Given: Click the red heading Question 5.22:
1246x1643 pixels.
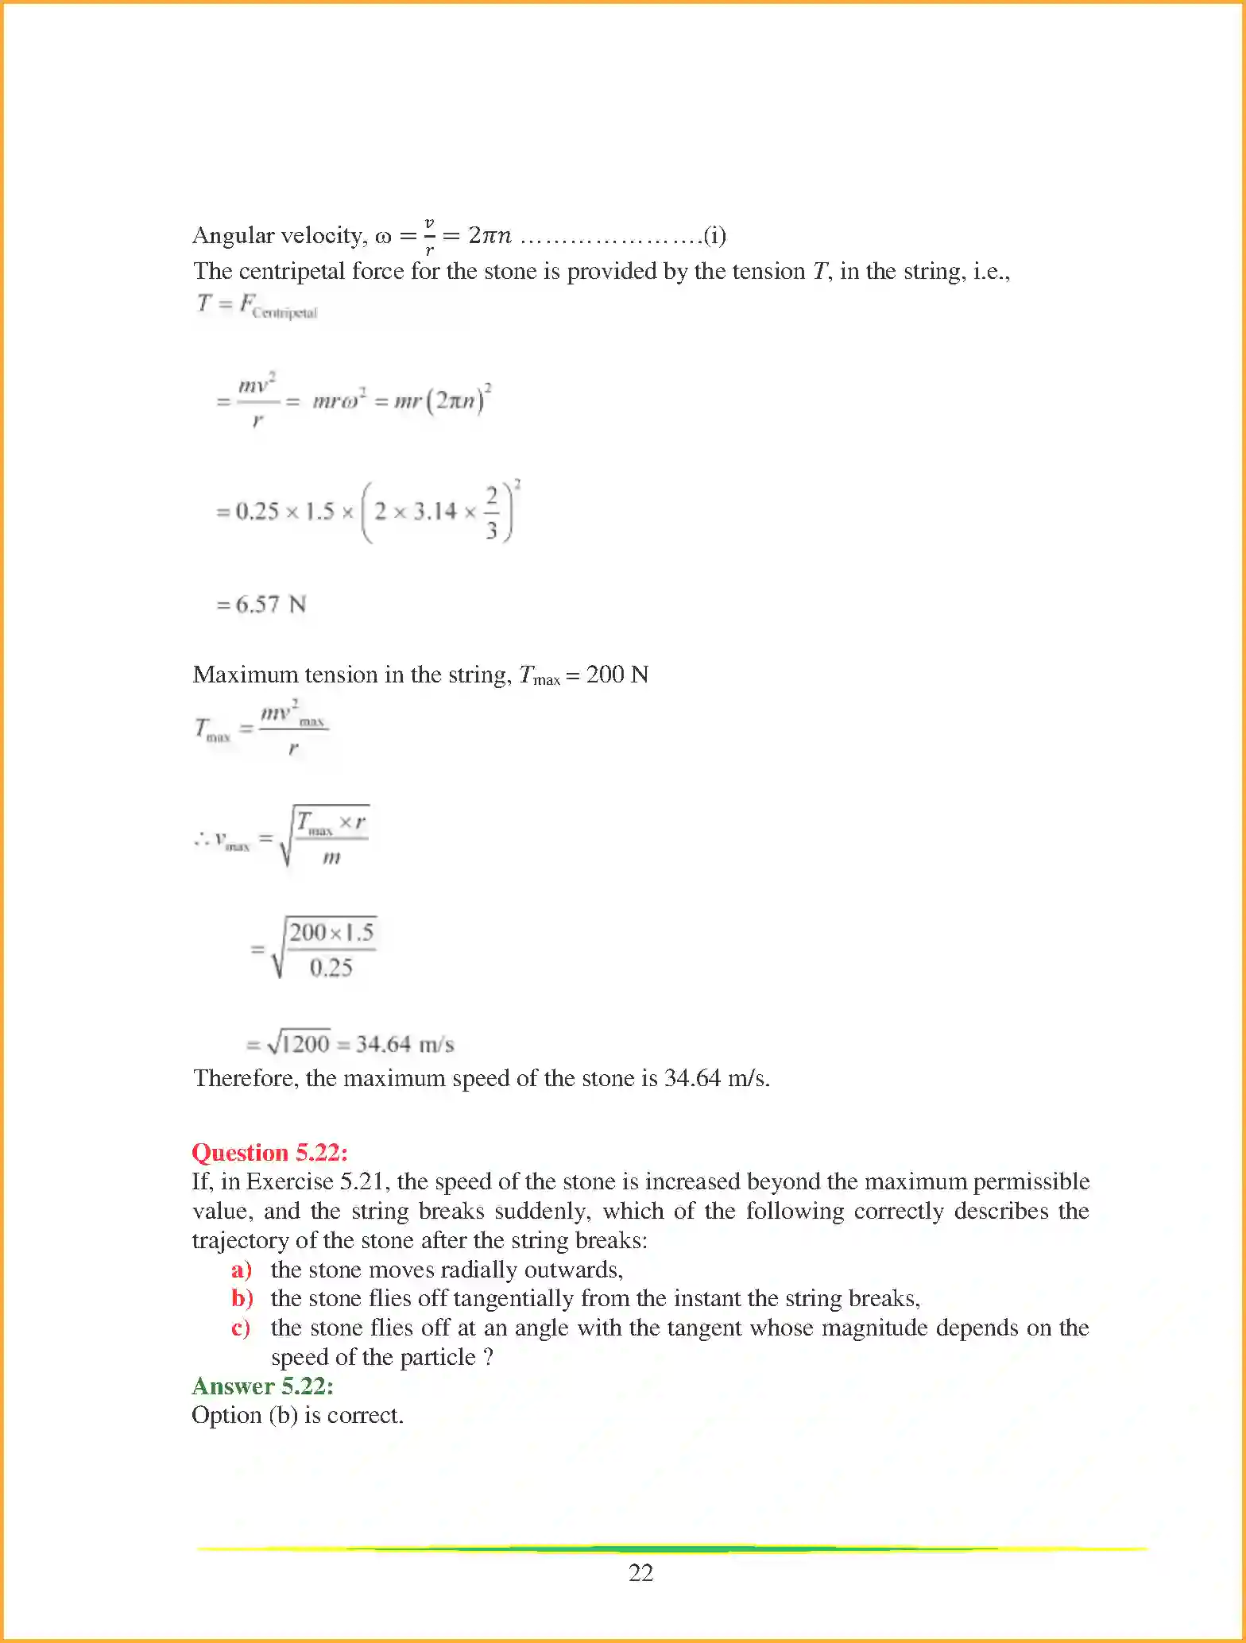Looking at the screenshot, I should pos(269,1152).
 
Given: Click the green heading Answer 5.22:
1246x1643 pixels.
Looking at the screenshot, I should pos(262,1386).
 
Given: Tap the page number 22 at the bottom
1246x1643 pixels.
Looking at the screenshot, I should pos(640,1572).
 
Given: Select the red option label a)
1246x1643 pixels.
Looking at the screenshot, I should pos(241,1270).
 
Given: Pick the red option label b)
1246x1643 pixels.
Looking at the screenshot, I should pos(242,1298).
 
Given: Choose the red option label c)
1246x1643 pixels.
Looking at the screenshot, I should pos(241,1328).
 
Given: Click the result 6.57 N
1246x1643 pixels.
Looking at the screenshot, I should pos(270,605).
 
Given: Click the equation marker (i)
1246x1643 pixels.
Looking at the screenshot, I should pos(714,235).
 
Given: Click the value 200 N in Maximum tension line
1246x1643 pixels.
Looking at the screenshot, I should pos(617,675).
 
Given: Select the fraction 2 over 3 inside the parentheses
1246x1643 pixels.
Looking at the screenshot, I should pos(491,512).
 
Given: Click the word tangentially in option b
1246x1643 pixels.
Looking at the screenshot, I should pos(513,1298).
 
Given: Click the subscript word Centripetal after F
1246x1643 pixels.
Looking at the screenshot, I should pos(284,313).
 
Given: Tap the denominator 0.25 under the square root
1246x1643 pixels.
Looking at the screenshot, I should pos(331,968).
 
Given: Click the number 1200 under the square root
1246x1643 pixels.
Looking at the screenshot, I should pos(305,1043).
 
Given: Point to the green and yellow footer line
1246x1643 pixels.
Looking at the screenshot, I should pos(671,1548).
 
